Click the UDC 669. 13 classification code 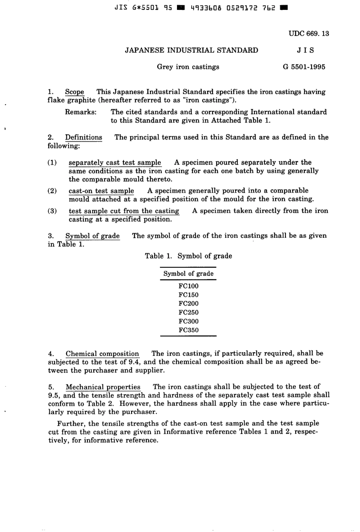308,33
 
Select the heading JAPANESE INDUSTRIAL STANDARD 191,50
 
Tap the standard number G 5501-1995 304,67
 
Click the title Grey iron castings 188,67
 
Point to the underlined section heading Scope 74,92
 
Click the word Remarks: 81,112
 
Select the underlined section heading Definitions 83,137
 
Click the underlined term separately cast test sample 115,163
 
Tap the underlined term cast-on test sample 101,191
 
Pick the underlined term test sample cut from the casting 124,211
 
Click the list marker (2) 52,191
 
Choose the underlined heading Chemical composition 102,354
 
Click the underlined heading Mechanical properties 103,387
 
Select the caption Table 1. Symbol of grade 188,256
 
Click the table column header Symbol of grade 188,274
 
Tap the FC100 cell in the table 188,286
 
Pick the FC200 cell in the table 188,304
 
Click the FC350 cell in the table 188,330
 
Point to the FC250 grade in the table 188,312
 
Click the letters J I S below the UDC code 305,50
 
